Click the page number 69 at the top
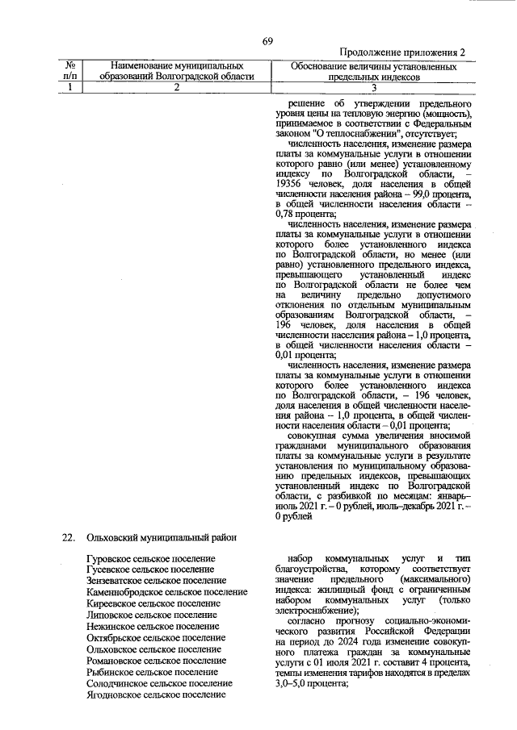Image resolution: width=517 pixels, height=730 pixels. point(267,42)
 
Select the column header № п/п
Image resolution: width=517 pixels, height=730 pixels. point(71,70)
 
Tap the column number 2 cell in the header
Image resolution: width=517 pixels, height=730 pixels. point(176,88)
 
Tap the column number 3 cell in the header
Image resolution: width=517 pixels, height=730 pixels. point(374,88)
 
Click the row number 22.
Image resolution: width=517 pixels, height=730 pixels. point(69,538)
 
